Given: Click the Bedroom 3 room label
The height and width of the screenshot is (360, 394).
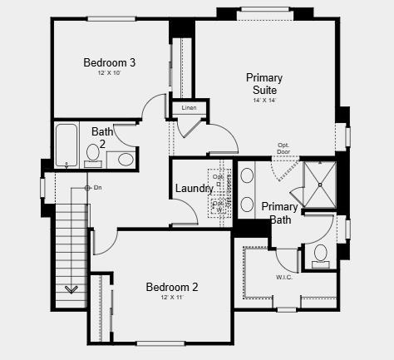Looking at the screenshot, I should (x=110, y=62).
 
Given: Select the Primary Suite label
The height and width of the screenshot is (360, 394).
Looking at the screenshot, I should (x=264, y=84).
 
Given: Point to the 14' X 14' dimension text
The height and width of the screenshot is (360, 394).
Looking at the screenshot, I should (x=264, y=100).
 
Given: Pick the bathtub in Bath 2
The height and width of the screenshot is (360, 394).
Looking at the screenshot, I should (x=66, y=145).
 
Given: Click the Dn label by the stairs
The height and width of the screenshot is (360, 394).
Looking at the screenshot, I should (x=97, y=187).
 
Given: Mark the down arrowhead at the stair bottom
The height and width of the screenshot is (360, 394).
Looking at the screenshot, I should (x=71, y=289).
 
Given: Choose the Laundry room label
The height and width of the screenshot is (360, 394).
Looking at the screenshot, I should (x=195, y=189).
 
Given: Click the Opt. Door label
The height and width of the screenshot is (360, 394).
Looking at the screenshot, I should (x=284, y=149).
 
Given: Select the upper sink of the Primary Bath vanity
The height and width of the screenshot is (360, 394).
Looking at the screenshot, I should (x=247, y=175).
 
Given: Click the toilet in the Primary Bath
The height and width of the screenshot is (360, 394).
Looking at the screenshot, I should (x=321, y=255).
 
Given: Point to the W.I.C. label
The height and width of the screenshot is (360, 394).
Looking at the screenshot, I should (x=283, y=277).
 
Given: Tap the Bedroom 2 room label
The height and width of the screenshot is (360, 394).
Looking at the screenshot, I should (x=172, y=288).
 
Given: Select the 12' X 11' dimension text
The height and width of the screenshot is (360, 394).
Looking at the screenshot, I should (x=172, y=298).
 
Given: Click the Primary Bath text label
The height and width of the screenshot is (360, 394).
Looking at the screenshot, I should (x=279, y=213).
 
